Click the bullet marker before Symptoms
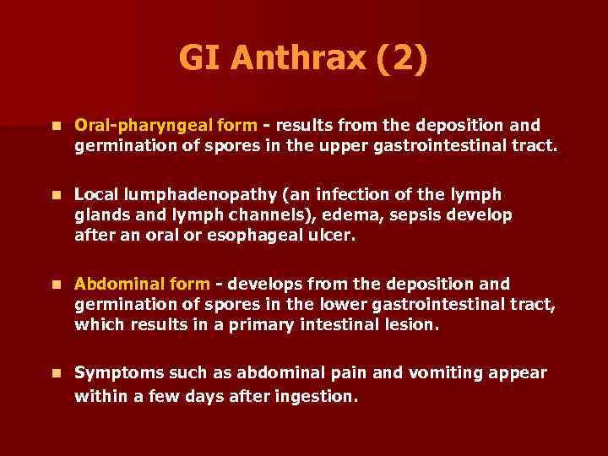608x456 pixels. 55,373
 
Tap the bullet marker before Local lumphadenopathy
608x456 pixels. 55,194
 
